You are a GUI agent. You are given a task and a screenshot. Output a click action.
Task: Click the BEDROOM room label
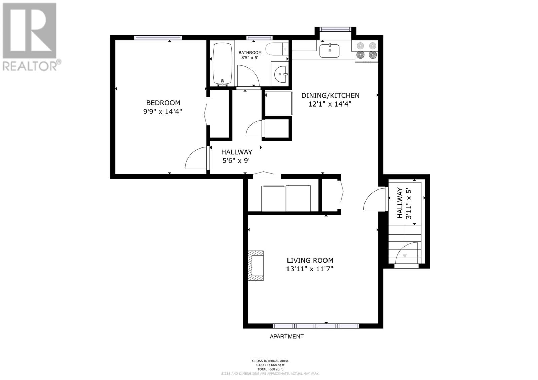pyautogui.click(x=163, y=103)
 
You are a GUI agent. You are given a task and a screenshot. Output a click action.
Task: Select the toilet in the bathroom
pyautogui.click(x=276, y=49)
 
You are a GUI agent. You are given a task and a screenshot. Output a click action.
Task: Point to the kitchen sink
pyautogui.click(x=329, y=51)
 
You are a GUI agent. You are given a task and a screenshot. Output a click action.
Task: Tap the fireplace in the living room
pyautogui.click(x=256, y=265)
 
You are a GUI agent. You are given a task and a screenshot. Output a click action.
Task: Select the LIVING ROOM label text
pyautogui.click(x=310, y=260)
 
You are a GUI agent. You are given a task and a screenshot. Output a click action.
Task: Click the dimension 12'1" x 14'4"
pyautogui.click(x=330, y=104)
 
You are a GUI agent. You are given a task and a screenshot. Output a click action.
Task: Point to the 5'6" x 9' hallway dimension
pyautogui.click(x=236, y=161)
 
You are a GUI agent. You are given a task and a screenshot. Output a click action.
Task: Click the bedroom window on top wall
pyautogui.click(x=158, y=38)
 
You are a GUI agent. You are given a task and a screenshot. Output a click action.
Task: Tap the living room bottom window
pyautogui.click(x=316, y=326)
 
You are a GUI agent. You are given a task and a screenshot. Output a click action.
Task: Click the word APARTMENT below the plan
pyautogui.click(x=286, y=336)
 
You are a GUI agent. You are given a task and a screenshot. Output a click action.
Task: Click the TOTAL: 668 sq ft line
pyautogui.click(x=270, y=369)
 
